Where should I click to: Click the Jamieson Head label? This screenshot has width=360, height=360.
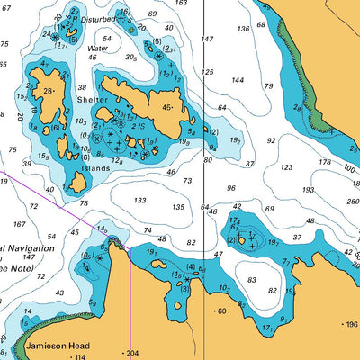tap(57, 345)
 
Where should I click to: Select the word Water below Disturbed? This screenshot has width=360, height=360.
tap(97, 49)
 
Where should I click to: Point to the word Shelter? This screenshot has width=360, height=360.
tap(92, 100)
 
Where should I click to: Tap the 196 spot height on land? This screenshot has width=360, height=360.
tap(349, 324)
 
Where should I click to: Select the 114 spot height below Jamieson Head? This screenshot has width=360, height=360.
tap(80, 356)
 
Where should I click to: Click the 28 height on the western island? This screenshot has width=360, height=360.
tap(47, 90)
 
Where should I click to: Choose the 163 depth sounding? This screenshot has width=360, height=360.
tap(181, 4)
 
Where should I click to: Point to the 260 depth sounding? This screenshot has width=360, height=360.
tap(351, 202)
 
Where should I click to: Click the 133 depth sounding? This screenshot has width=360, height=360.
tap(139, 201)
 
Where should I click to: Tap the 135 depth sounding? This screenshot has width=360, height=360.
tap(178, 207)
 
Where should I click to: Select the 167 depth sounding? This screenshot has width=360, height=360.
tap(19, 224)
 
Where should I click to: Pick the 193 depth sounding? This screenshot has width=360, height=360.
tap(309, 190)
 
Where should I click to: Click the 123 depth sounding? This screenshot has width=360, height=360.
tap(286, 167)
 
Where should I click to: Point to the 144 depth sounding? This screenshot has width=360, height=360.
tap(238, 80)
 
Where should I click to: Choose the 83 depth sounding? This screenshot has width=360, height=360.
tap(251, 280)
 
